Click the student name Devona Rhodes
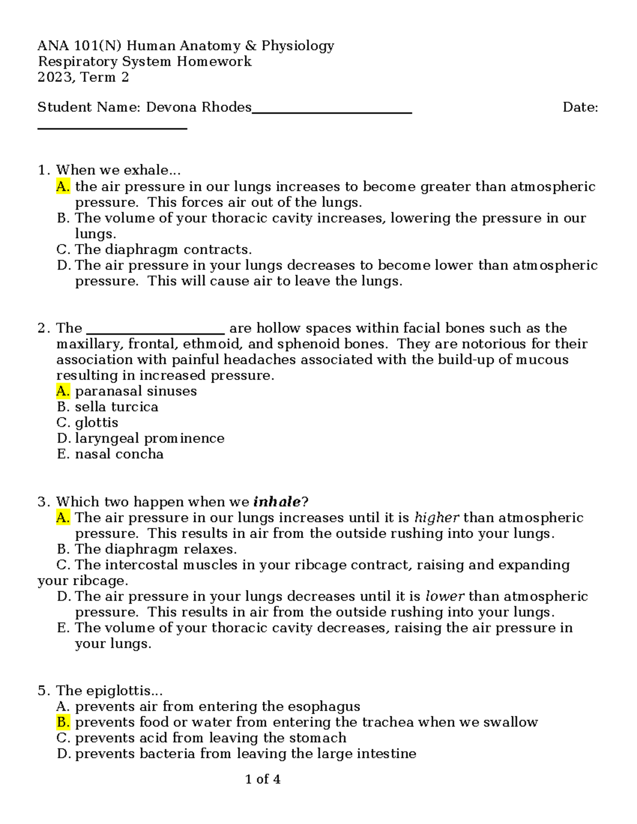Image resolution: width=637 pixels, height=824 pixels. tap(199, 107)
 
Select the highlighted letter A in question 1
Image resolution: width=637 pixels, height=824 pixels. tap(63, 186)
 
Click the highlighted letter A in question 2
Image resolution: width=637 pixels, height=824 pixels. tap(63, 391)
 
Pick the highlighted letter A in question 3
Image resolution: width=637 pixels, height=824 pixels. tap(63, 517)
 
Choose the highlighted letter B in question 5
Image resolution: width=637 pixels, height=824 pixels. tap(63, 722)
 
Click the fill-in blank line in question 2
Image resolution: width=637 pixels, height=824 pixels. tap(156, 329)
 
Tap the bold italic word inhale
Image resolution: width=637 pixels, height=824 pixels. tap(277, 502)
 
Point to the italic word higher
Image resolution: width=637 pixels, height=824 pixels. tap(436, 517)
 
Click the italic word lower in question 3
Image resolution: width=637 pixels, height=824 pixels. tap(445, 596)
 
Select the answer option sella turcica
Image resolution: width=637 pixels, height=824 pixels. tap(116, 407)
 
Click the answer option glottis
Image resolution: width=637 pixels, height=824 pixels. tap(97, 423)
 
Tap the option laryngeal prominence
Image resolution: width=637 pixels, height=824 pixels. tap(150, 438)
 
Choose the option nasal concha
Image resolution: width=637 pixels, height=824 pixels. tap(119, 454)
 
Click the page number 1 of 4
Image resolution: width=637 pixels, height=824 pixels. tap(263, 779)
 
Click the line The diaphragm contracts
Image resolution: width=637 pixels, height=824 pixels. tap(163, 249)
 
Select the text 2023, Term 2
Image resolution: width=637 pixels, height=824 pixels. tap(83, 77)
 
